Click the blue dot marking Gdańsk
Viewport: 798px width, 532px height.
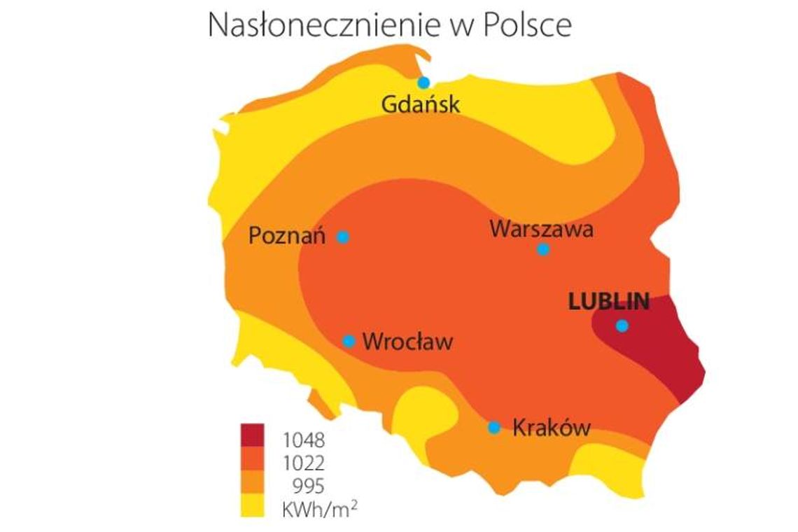pos(423,83)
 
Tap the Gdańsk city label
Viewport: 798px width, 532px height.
pos(421,105)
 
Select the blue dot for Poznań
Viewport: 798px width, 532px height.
pos(343,237)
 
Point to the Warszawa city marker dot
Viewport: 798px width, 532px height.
pos(543,249)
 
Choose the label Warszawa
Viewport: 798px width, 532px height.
pos(542,229)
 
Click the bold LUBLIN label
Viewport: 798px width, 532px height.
pos(609,302)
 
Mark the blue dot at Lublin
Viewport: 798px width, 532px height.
pos(622,325)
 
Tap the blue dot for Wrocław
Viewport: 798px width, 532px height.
pos(349,341)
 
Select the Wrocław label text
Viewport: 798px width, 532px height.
pos(408,342)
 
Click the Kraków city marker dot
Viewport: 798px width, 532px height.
pos(494,427)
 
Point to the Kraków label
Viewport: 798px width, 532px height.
pos(552,428)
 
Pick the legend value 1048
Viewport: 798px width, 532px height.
pos(304,441)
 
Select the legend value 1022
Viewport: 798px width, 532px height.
pos(304,463)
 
